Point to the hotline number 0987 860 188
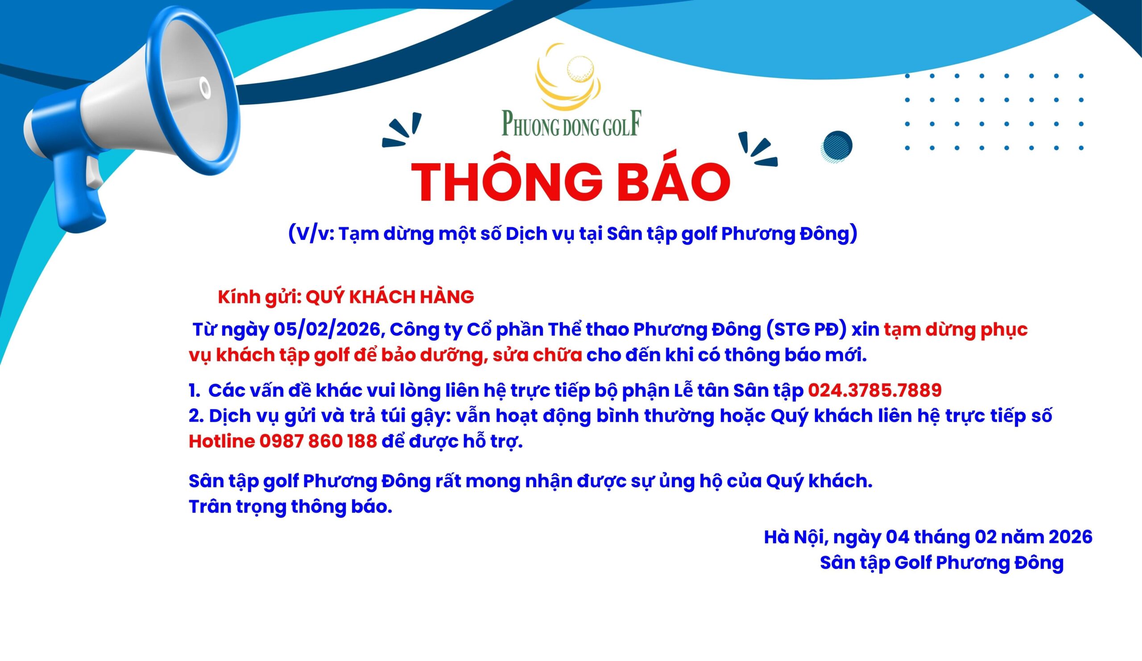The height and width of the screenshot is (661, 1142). click(318, 441)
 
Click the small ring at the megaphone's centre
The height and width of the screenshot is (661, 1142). click(205, 87)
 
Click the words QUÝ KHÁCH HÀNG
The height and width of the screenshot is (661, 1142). click(390, 297)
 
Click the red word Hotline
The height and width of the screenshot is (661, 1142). click(222, 441)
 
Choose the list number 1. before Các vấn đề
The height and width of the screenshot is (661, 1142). click(194, 391)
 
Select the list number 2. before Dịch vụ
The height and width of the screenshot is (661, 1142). click(196, 415)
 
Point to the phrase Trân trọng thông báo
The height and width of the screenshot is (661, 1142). click(290, 507)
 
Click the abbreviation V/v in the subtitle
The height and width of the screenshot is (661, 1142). click(314, 234)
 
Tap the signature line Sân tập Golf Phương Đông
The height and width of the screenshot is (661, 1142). click(942, 563)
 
